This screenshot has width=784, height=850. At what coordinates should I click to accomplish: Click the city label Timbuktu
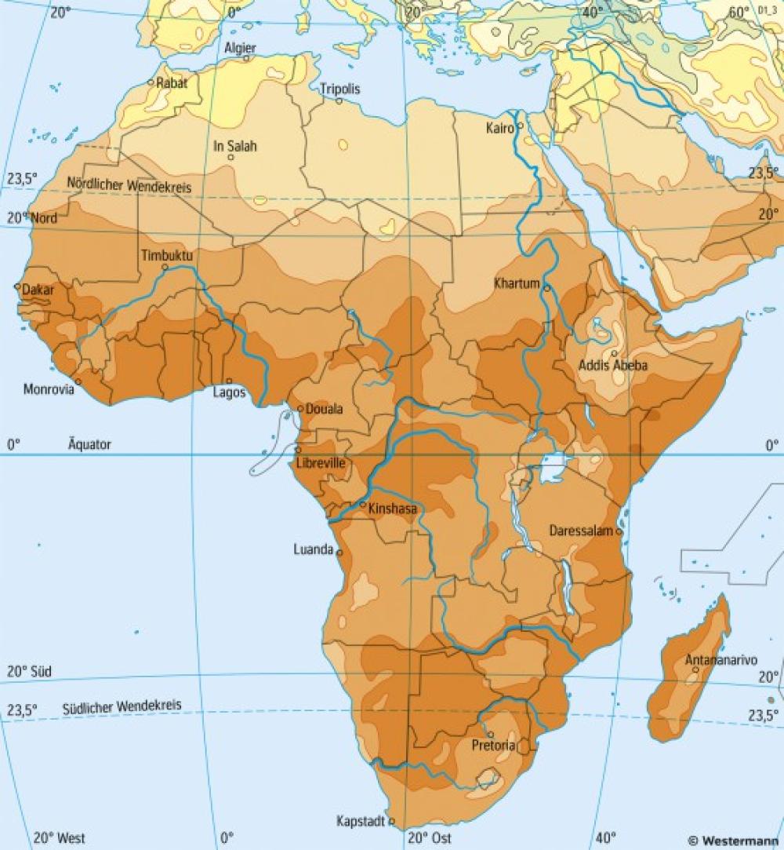(167, 256)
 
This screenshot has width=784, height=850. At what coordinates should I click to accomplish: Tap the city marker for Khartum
(546, 288)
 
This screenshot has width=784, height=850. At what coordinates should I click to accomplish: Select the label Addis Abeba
(613, 365)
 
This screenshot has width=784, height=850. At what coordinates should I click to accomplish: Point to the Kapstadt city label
(361, 821)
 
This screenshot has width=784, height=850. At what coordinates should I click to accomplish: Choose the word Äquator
(89, 444)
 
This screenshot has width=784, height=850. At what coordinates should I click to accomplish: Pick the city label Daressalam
(580, 531)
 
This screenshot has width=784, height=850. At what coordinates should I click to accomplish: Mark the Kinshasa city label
(392, 509)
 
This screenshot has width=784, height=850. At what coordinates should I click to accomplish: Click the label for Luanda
(313, 549)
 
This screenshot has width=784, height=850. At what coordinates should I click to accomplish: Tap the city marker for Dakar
(18, 286)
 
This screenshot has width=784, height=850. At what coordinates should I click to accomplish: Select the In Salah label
(235, 146)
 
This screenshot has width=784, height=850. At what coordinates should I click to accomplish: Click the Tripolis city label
(340, 89)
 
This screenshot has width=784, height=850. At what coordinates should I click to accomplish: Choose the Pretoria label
(492, 745)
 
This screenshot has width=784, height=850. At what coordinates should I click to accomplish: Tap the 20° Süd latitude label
(29, 672)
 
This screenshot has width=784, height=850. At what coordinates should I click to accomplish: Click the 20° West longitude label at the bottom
(60, 837)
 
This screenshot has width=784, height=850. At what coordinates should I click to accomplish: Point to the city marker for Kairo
(520, 125)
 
